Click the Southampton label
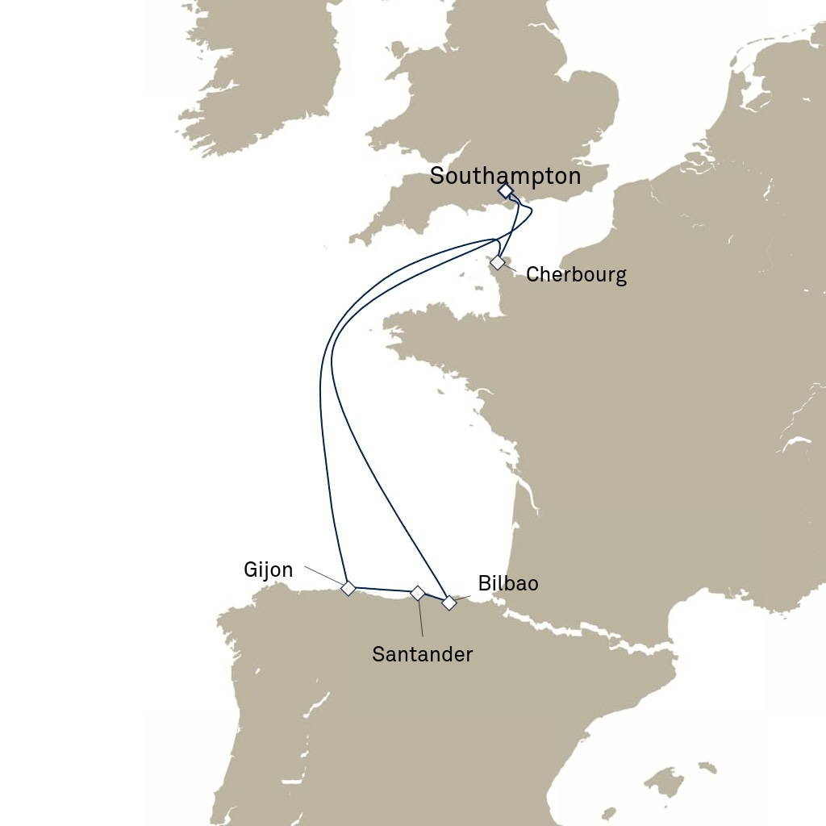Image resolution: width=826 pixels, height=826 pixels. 504,176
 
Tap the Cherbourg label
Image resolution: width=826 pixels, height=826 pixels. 576,274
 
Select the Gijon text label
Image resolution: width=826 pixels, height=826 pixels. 268,570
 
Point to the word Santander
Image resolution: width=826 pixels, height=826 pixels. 422,654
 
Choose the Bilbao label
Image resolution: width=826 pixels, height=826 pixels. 507,583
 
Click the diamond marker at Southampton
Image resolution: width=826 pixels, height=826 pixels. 505,191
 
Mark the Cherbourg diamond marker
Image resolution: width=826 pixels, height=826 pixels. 498,262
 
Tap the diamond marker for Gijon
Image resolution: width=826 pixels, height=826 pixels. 348,588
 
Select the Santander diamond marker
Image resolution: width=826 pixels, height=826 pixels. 418,593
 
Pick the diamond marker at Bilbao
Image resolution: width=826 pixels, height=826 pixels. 449,603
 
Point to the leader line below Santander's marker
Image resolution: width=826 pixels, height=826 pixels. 421,619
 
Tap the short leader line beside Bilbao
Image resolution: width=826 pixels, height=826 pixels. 464,598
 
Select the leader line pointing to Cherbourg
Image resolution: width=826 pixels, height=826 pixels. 511,268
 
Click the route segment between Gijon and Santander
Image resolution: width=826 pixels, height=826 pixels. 382,590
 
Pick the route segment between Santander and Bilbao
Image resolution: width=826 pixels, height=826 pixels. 434,598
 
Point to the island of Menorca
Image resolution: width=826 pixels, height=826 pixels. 707,767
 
